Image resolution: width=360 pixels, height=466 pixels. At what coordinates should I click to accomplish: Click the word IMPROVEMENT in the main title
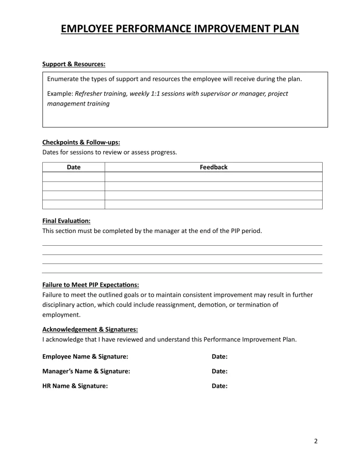click(x=225, y=29)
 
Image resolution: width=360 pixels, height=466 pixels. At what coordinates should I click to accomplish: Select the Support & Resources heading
click(x=74, y=64)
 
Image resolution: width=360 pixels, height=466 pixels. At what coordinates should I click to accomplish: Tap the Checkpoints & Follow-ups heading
click(x=81, y=142)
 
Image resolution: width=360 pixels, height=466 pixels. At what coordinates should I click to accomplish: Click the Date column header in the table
click(x=74, y=167)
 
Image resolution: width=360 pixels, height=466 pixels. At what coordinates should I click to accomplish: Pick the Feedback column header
click(x=213, y=167)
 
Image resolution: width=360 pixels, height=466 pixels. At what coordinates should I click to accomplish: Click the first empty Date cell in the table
click(x=74, y=177)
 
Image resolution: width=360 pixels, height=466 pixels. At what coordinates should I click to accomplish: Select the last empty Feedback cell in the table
click(x=213, y=204)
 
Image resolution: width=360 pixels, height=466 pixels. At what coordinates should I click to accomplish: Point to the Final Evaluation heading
click(x=66, y=221)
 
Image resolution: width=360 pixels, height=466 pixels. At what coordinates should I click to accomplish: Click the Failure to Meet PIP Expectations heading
click(x=91, y=285)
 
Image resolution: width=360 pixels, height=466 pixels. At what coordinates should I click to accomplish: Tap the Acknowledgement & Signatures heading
click(x=90, y=329)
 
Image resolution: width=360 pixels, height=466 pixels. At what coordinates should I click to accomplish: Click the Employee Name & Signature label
click(x=85, y=356)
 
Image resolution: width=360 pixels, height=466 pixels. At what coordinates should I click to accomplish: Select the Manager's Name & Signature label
click(x=86, y=371)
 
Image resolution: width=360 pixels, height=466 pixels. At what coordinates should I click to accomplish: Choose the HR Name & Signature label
click(x=75, y=386)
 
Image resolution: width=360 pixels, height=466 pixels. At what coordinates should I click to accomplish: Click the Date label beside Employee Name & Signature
click(x=219, y=356)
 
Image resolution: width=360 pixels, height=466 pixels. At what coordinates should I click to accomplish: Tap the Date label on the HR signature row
click(x=219, y=386)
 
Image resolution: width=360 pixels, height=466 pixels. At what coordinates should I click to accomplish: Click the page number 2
click(x=316, y=441)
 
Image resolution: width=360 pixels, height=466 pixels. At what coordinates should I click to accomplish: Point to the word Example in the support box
click(x=60, y=94)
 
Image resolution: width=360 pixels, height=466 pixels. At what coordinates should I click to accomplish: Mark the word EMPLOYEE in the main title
click(x=86, y=29)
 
